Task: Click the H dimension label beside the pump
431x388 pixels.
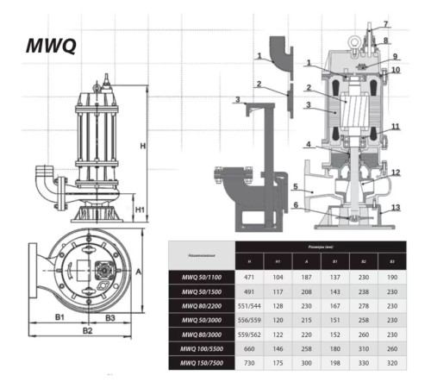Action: tap(143, 146)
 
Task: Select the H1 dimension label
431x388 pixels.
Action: tap(138, 208)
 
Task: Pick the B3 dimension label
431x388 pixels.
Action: tap(110, 317)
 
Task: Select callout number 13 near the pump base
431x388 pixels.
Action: tap(397, 208)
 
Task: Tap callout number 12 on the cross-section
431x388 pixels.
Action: tap(396, 172)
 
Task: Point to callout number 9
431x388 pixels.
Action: tap(396, 56)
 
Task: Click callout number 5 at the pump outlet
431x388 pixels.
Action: tap(295, 185)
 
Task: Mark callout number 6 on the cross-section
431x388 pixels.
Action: tap(295, 205)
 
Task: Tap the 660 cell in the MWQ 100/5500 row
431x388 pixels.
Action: tap(248, 347)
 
